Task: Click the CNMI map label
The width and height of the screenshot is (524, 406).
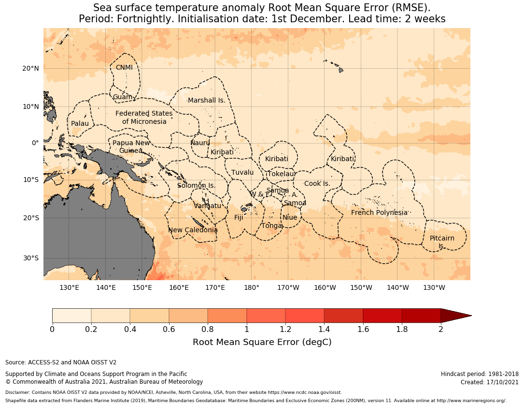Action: click(124, 68)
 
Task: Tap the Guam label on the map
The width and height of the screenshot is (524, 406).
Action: click(122, 97)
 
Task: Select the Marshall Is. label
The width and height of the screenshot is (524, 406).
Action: click(207, 101)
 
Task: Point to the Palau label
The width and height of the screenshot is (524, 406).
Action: click(80, 124)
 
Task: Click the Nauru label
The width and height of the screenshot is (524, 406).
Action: click(200, 143)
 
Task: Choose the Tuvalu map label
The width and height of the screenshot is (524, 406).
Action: click(242, 173)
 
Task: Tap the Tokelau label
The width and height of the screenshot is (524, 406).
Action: click(281, 174)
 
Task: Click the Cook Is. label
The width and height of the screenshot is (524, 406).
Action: click(317, 184)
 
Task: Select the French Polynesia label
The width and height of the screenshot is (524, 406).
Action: click(379, 213)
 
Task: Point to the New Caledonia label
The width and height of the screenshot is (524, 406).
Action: click(193, 230)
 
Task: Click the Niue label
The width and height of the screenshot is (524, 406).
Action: click(290, 218)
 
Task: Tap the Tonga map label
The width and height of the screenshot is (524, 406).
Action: click(271, 226)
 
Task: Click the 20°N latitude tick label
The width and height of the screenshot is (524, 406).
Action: click(30, 69)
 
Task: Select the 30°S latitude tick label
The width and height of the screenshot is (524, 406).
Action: click(30, 258)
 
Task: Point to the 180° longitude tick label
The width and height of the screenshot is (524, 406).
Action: click(252, 288)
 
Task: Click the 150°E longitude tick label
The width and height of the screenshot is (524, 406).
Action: click(142, 288)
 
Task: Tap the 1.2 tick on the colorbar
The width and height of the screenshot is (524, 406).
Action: click(285, 330)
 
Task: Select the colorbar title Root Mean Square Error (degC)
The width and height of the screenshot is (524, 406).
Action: click(262, 343)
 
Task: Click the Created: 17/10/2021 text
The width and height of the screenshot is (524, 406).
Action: click(489, 382)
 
